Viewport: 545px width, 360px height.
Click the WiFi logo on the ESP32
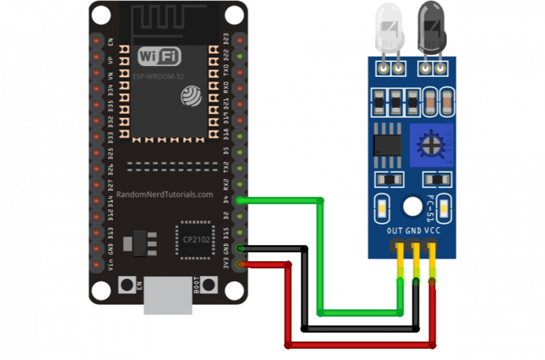(x=159, y=57)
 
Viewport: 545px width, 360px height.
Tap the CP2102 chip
(x=192, y=239)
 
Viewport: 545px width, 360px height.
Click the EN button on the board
(x=127, y=285)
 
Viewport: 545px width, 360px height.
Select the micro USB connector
(x=167, y=295)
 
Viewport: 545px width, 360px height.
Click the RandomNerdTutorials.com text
(x=164, y=195)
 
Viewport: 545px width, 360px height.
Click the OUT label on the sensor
(x=395, y=231)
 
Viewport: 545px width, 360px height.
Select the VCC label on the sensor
(x=432, y=231)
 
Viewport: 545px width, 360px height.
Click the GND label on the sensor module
(x=414, y=231)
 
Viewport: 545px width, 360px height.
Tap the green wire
(x=321, y=256)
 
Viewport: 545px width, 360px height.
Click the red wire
(x=289, y=305)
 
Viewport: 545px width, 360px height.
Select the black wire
(x=304, y=291)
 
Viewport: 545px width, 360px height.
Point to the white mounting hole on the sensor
(x=412, y=207)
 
